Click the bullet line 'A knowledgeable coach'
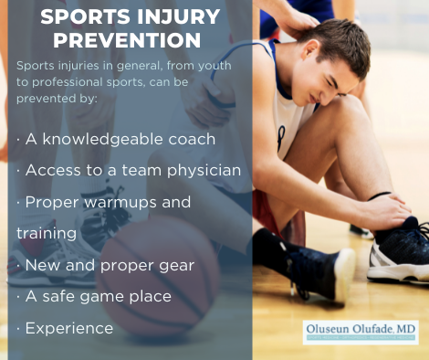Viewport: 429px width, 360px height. click(x=116, y=139)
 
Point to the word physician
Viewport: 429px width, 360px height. click(x=206, y=170)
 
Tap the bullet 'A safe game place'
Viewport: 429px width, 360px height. click(x=102, y=295)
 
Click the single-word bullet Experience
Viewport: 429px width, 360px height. click(x=69, y=327)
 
